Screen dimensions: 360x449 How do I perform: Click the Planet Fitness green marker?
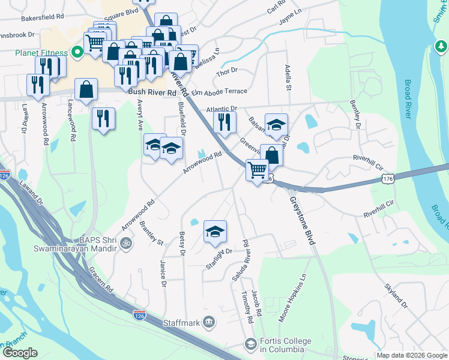(x=77, y=53)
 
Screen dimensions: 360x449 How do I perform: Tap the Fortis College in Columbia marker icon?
(x=250, y=344)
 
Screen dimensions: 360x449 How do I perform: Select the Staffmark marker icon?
(x=208, y=323)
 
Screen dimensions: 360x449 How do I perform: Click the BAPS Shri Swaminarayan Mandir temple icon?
(x=126, y=244)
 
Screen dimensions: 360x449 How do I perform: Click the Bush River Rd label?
(x=152, y=93)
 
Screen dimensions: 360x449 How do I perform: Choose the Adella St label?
(x=288, y=78)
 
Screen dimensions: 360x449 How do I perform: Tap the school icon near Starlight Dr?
(x=215, y=232)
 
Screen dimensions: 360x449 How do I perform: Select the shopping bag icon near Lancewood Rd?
(x=86, y=90)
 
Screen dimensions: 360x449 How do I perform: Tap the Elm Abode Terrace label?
(x=219, y=91)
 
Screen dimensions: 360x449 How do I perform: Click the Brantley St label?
(x=151, y=233)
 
